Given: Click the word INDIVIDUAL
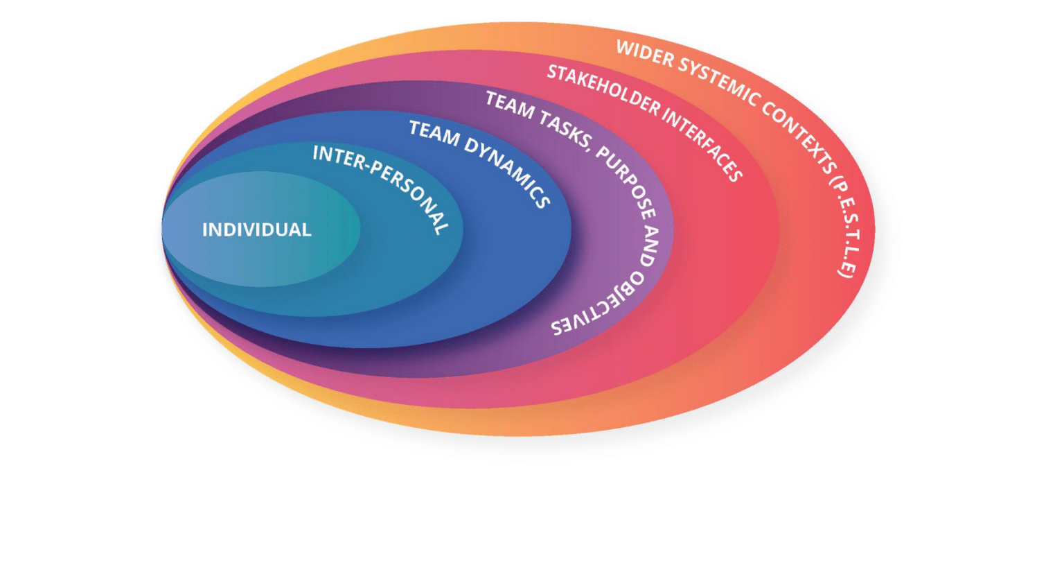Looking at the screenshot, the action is [x=257, y=229].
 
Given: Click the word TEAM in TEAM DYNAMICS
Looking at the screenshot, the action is [x=434, y=132].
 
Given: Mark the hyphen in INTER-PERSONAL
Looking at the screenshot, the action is [x=364, y=164].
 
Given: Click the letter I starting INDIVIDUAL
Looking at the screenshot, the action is [x=205, y=229].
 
